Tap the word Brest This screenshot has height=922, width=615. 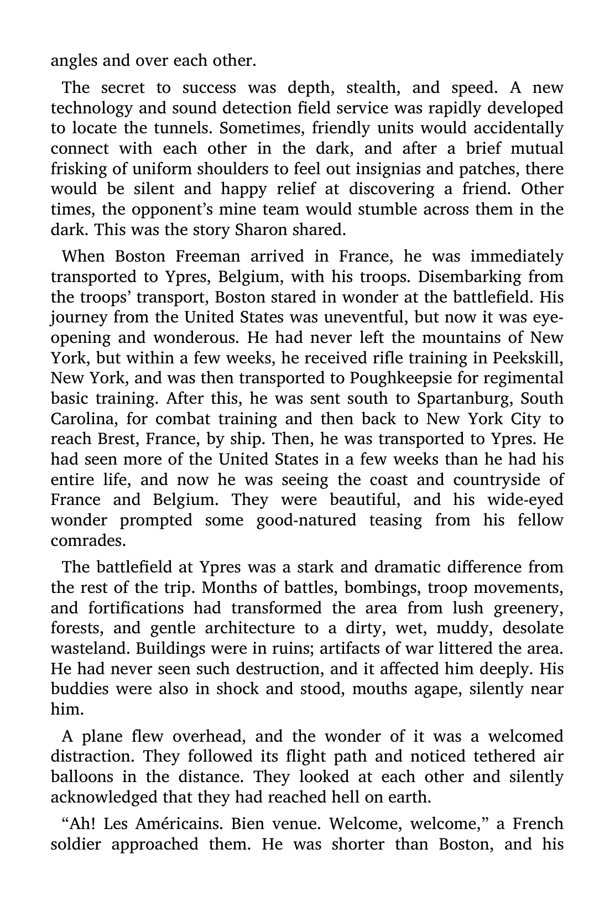(x=118, y=439)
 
